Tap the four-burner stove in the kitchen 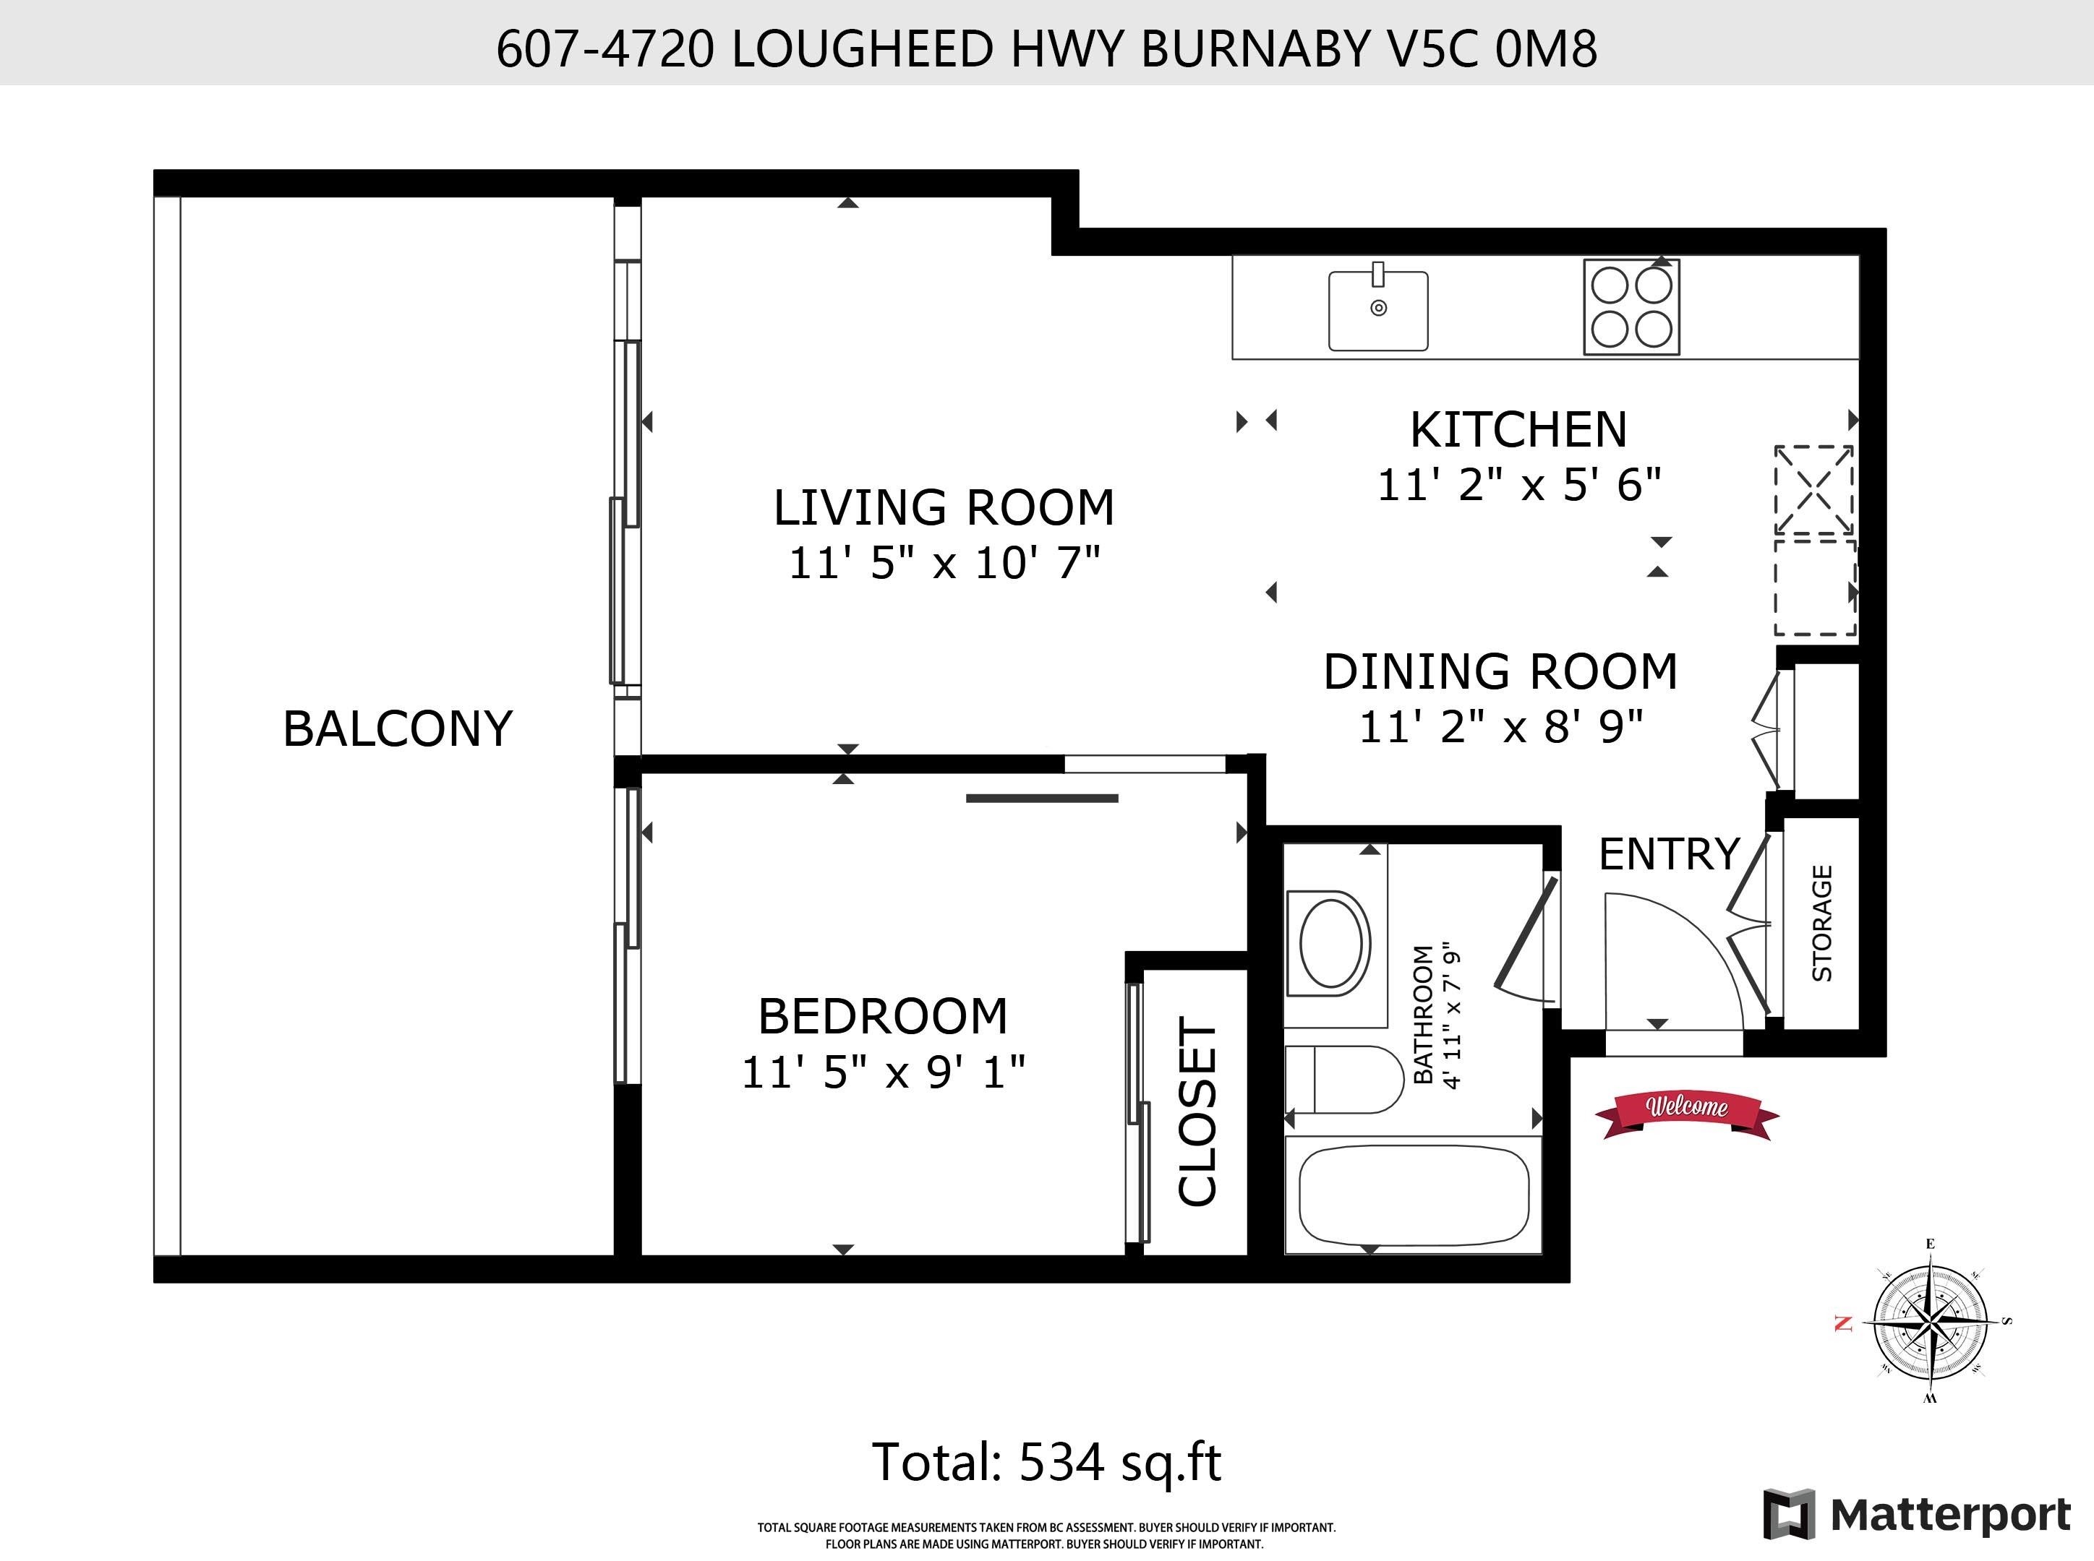pos(1632,307)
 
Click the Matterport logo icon pos(1789,1514)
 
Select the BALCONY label pos(397,729)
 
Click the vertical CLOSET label pos(1197,1111)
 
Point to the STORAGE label pos(1821,923)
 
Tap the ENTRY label pos(1669,854)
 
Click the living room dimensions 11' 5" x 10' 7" pos(944,563)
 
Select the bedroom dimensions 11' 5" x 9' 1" pos(883,1072)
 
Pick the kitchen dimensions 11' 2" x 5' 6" pos(1518,485)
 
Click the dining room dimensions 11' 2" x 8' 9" pos(1500,726)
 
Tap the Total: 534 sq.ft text pos(1046,1463)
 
